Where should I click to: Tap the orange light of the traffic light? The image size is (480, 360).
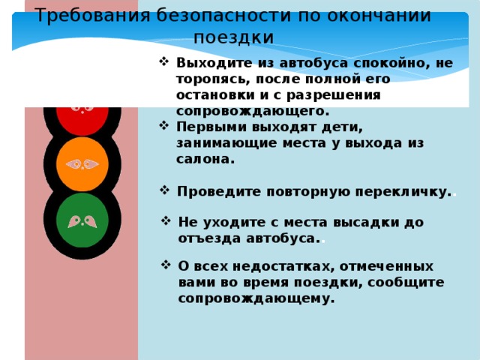[x=82, y=163]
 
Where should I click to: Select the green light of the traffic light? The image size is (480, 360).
[x=82, y=220]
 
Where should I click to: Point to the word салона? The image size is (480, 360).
[x=205, y=159]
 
